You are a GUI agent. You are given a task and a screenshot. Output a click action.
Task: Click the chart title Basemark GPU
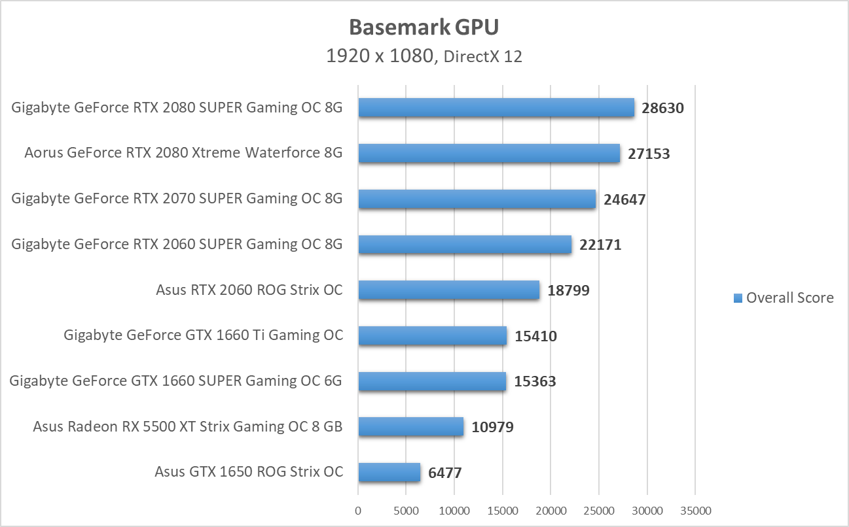tap(424, 27)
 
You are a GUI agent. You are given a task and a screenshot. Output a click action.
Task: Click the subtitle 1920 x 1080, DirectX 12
tap(424, 56)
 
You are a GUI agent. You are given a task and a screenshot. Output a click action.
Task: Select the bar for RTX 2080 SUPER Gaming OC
tap(496, 108)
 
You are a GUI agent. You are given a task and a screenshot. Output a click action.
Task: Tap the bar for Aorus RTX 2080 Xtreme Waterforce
tap(489, 154)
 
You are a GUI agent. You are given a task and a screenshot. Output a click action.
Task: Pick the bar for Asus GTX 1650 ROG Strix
tap(389, 472)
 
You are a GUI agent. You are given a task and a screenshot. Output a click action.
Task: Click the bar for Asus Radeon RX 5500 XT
tap(411, 427)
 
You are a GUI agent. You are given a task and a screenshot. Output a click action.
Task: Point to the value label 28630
tap(662, 109)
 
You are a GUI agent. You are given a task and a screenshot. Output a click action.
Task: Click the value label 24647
tap(624, 199)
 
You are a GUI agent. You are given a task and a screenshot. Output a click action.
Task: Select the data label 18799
tap(568, 290)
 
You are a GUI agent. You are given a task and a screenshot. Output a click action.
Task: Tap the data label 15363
tap(535, 381)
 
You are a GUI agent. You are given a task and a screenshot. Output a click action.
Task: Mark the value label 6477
tap(445, 473)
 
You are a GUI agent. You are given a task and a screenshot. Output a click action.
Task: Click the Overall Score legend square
tap(738, 298)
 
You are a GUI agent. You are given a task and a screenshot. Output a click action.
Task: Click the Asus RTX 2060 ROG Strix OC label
tap(249, 290)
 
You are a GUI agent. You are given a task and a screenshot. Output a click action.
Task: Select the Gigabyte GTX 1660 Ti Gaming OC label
tap(203, 335)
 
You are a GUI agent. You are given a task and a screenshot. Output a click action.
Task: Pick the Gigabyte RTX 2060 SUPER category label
tap(177, 245)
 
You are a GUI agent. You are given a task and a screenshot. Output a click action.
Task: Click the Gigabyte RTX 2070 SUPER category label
tap(177, 199)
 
